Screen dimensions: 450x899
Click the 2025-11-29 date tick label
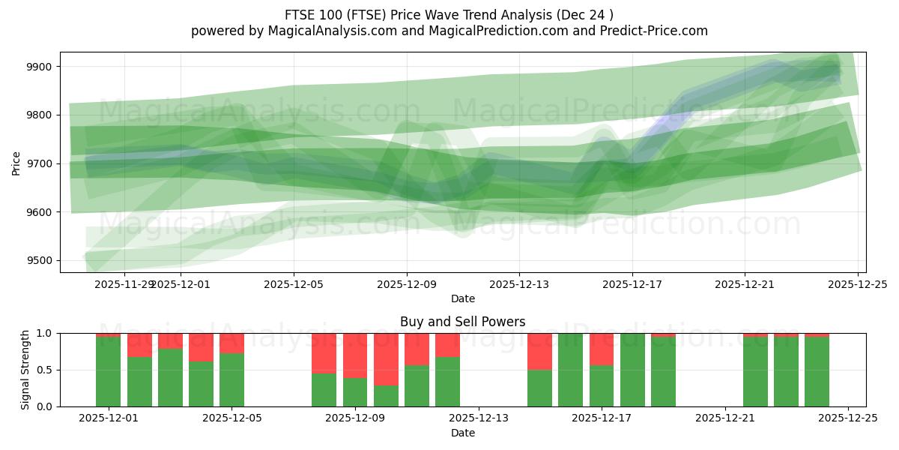click(x=124, y=284)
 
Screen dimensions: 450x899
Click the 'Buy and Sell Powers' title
click(x=462, y=322)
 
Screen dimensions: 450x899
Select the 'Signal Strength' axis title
click(x=25, y=370)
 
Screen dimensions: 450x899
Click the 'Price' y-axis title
click(x=16, y=163)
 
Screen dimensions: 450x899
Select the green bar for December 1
click(x=109, y=371)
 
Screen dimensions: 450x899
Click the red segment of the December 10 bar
click(x=417, y=349)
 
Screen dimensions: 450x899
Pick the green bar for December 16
click(x=571, y=370)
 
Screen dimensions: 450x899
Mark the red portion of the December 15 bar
click(x=539, y=351)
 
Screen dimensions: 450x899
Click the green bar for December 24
click(x=817, y=371)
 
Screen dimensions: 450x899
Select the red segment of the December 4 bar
click(x=201, y=347)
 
